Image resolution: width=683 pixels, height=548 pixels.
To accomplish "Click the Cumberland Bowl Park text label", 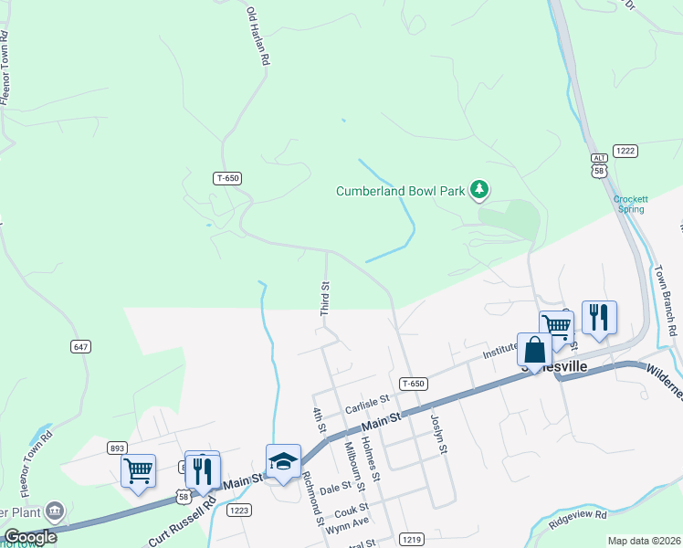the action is pyautogui.click(x=400, y=191).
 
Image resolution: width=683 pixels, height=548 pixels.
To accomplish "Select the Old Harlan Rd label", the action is pyautogui.click(x=259, y=37).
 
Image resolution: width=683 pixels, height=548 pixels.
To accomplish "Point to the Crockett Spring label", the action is pyautogui.click(x=630, y=204).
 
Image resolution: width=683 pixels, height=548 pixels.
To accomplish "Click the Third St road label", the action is pyautogui.click(x=324, y=299).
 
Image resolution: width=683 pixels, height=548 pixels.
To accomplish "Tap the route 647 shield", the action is pyautogui.click(x=80, y=346).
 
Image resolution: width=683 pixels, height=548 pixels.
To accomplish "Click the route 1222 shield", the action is pyautogui.click(x=625, y=150).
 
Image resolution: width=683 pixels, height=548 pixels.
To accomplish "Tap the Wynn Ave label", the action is pyautogui.click(x=347, y=522).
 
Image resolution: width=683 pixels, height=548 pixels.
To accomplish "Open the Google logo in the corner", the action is pyautogui.click(x=30, y=537).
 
